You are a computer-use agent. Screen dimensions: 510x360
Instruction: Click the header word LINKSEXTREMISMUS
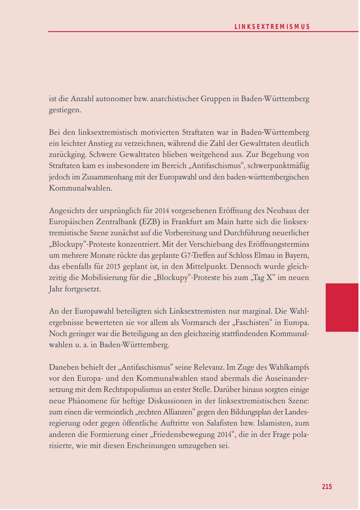(272, 27)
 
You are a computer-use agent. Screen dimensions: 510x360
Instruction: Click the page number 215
(327, 486)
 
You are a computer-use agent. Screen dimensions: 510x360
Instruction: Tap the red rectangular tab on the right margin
(342, 307)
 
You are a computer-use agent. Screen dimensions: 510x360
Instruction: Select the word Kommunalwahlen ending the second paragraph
(80, 188)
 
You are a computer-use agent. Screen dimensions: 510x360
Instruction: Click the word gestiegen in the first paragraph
(65, 110)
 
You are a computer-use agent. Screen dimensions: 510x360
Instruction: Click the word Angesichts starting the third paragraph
(66, 210)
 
